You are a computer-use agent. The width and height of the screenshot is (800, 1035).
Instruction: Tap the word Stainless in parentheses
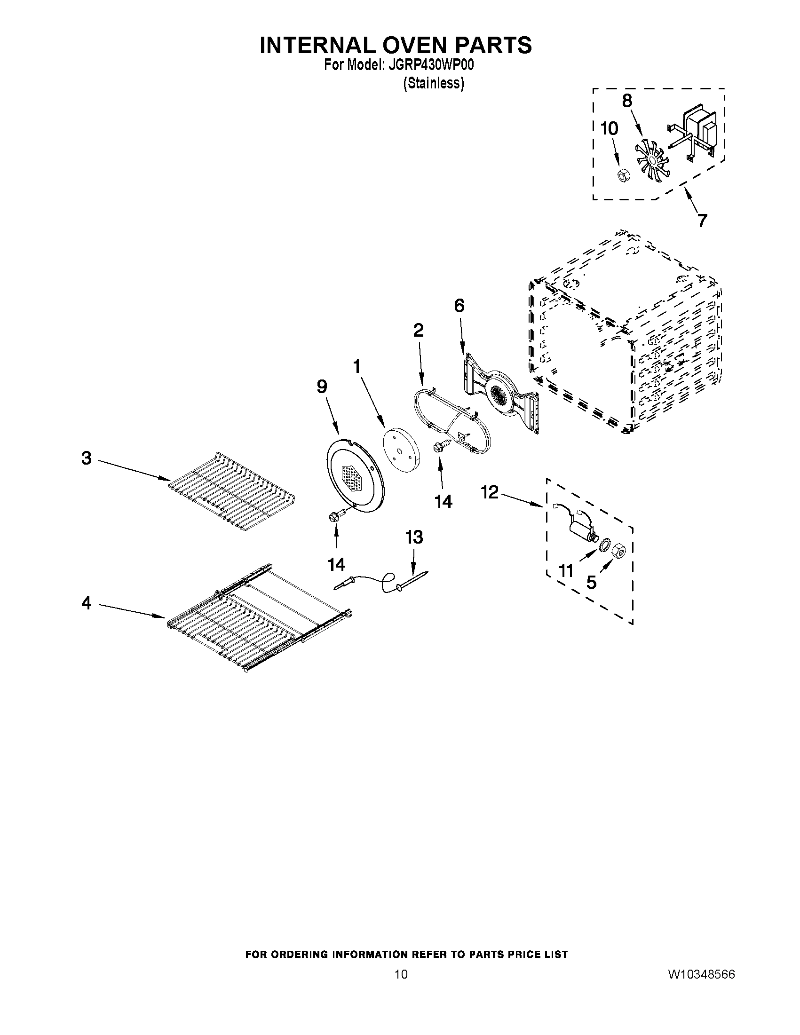tap(433, 83)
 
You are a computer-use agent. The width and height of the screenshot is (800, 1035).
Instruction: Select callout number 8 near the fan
tap(626, 101)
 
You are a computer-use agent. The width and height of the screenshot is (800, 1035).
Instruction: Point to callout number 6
tap(459, 306)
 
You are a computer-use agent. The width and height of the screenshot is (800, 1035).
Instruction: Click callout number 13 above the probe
tap(414, 537)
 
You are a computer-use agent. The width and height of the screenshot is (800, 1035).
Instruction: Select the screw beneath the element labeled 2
tap(438, 447)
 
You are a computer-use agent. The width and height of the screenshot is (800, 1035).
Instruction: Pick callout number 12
tap(490, 492)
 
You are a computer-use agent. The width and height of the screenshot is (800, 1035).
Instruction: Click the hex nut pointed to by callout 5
tap(619, 551)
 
